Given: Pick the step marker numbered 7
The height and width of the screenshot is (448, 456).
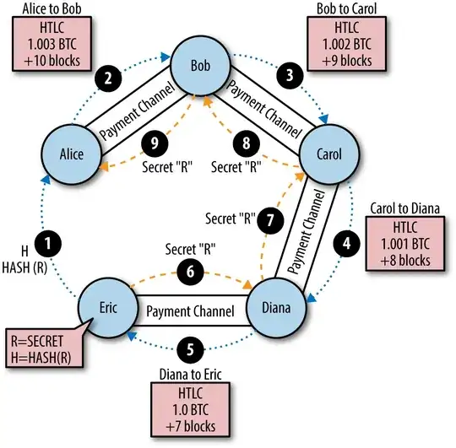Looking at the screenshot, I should pos(270,219).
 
